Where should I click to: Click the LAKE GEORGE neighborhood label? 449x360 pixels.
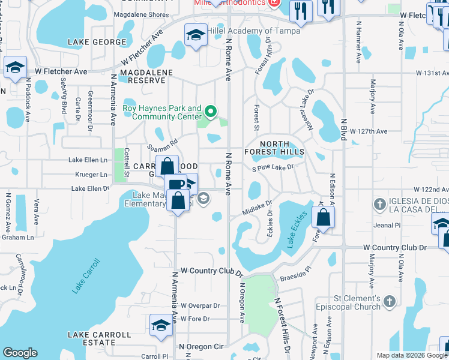[x=97, y=42]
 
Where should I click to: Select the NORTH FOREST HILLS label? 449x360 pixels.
[x=274, y=148]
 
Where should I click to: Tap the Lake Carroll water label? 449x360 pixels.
[x=86, y=276]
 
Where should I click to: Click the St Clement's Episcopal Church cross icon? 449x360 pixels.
[x=389, y=300]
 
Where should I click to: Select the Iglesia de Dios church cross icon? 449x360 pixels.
[x=379, y=204]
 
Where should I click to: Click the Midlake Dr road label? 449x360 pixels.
[x=258, y=208]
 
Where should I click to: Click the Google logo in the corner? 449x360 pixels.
[x=20, y=353]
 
